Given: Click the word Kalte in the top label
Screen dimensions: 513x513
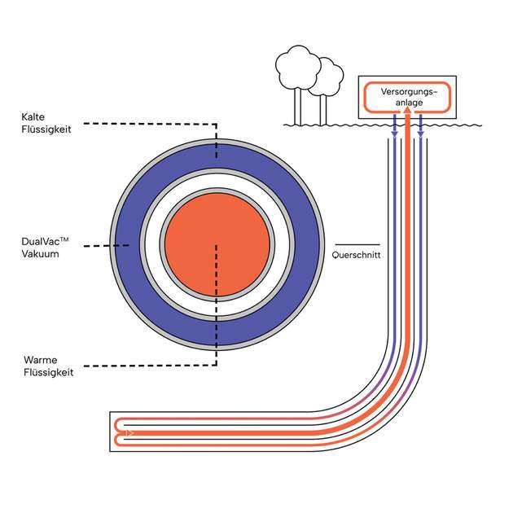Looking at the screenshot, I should (x=33, y=117).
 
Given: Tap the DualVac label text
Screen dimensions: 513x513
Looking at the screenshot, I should (x=45, y=242).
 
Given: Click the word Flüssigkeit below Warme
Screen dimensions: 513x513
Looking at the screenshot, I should (x=47, y=372).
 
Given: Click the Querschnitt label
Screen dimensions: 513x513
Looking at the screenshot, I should (x=357, y=254).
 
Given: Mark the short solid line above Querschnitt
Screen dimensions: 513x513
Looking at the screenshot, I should (x=357, y=243).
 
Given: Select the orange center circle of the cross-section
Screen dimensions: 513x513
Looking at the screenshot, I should (x=217, y=244).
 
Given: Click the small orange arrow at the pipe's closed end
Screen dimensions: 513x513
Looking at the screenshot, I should (x=129, y=432).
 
